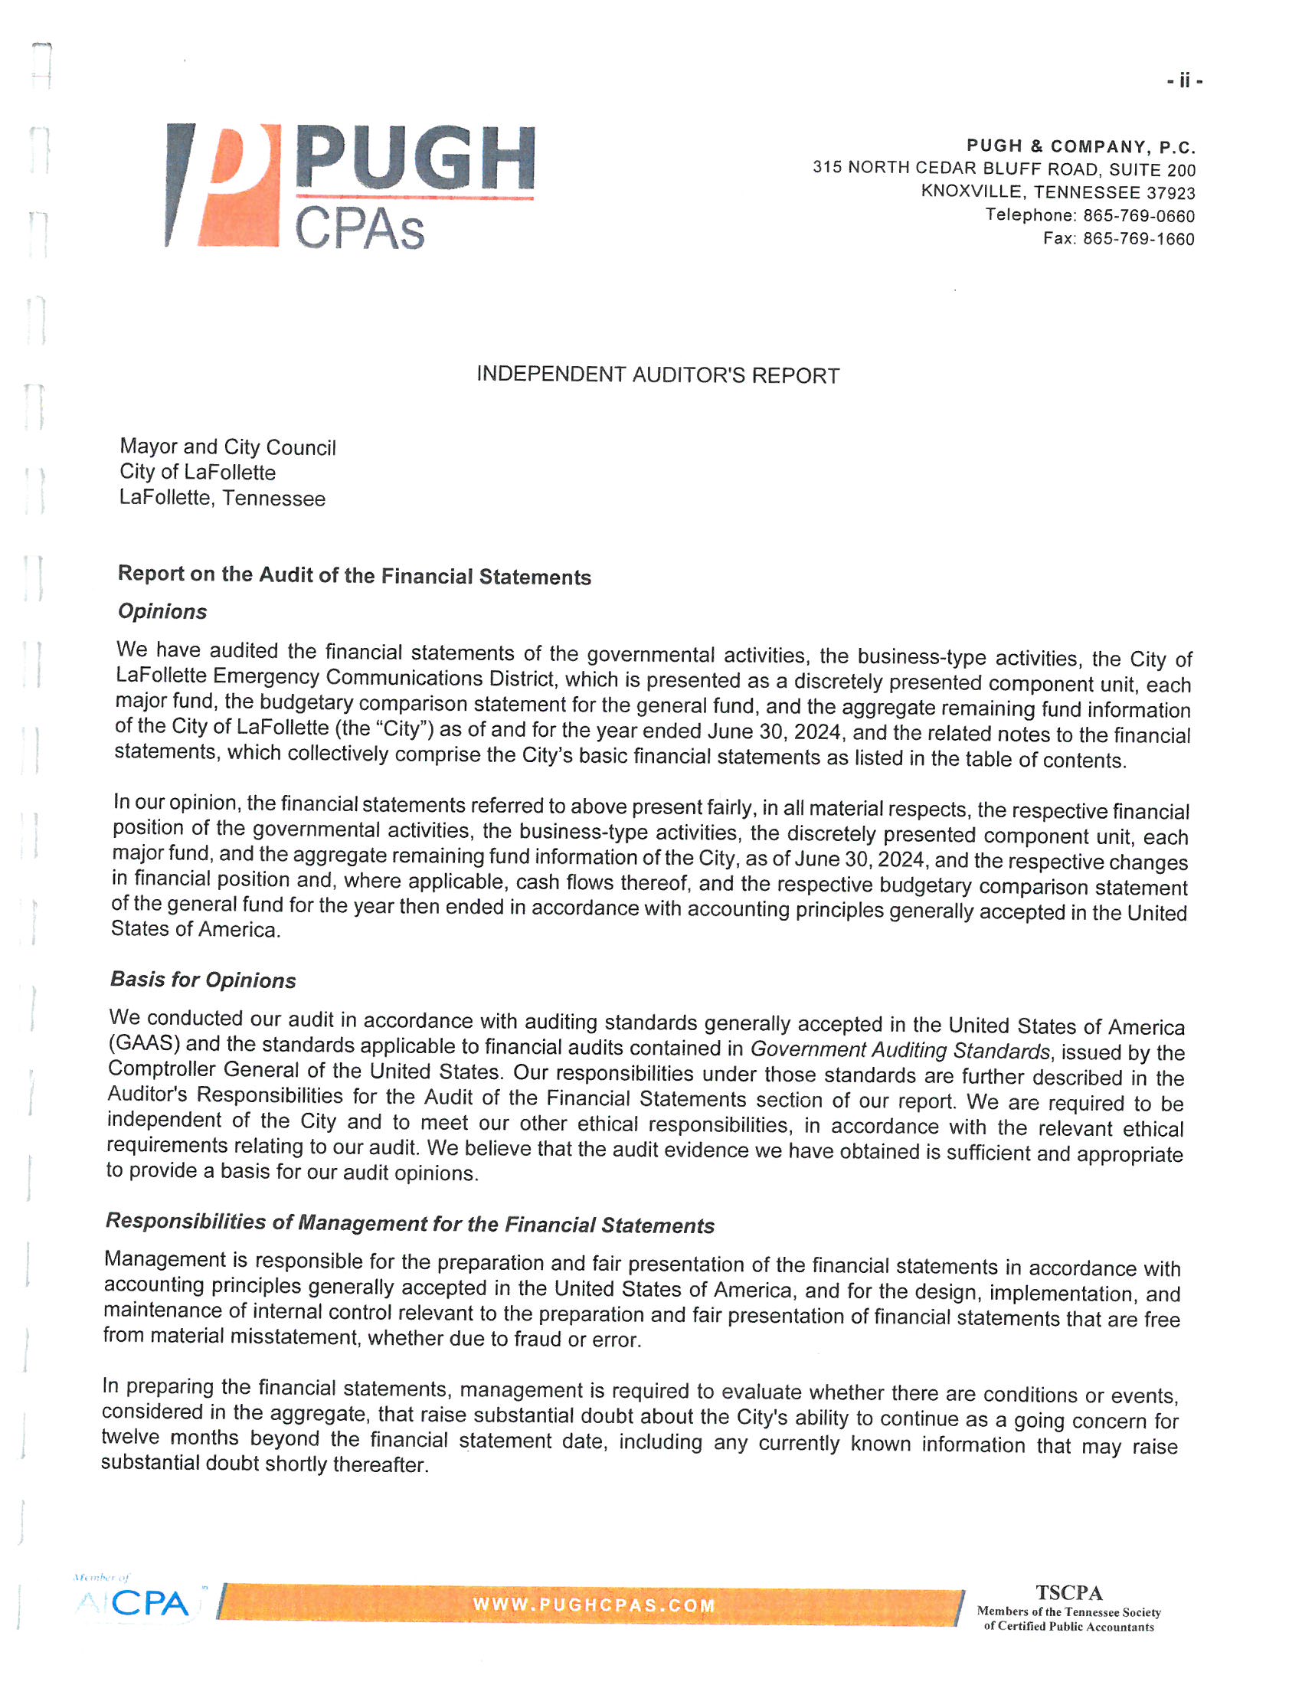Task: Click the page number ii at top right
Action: click(x=1184, y=80)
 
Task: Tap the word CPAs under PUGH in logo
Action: click(x=359, y=229)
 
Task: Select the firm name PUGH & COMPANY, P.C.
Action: click(x=1081, y=146)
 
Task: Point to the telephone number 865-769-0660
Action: click(x=1138, y=216)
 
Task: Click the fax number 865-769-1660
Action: click(x=1138, y=239)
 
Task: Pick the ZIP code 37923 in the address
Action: click(x=1171, y=193)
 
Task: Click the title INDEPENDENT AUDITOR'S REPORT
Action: click(x=657, y=375)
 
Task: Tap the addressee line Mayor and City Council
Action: click(x=227, y=447)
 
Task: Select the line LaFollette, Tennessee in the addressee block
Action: click(x=222, y=498)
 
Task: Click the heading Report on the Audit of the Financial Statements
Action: click(x=354, y=575)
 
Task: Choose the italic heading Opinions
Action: click(x=162, y=611)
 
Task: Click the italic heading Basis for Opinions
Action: click(x=203, y=979)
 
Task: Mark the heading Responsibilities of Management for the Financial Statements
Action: click(x=410, y=1223)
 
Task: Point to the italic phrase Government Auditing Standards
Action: click(x=900, y=1050)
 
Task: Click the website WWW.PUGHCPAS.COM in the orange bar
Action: click(x=594, y=1605)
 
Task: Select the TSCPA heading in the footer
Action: click(x=1068, y=1592)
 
